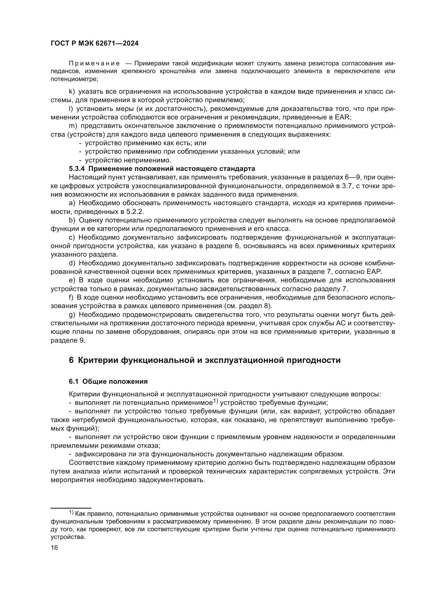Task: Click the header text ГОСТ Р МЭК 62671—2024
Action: coord(95,43)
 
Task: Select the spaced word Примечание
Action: coord(95,64)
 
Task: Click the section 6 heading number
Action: coord(71,360)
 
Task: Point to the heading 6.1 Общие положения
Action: coord(108,381)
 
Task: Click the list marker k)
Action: coord(72,92)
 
